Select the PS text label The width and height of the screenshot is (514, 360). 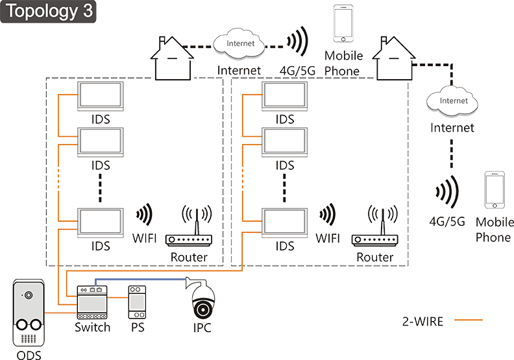pos(137,327)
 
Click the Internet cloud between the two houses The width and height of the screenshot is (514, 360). pos(239,45)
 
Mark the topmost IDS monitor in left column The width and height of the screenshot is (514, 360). pos(100,95)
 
